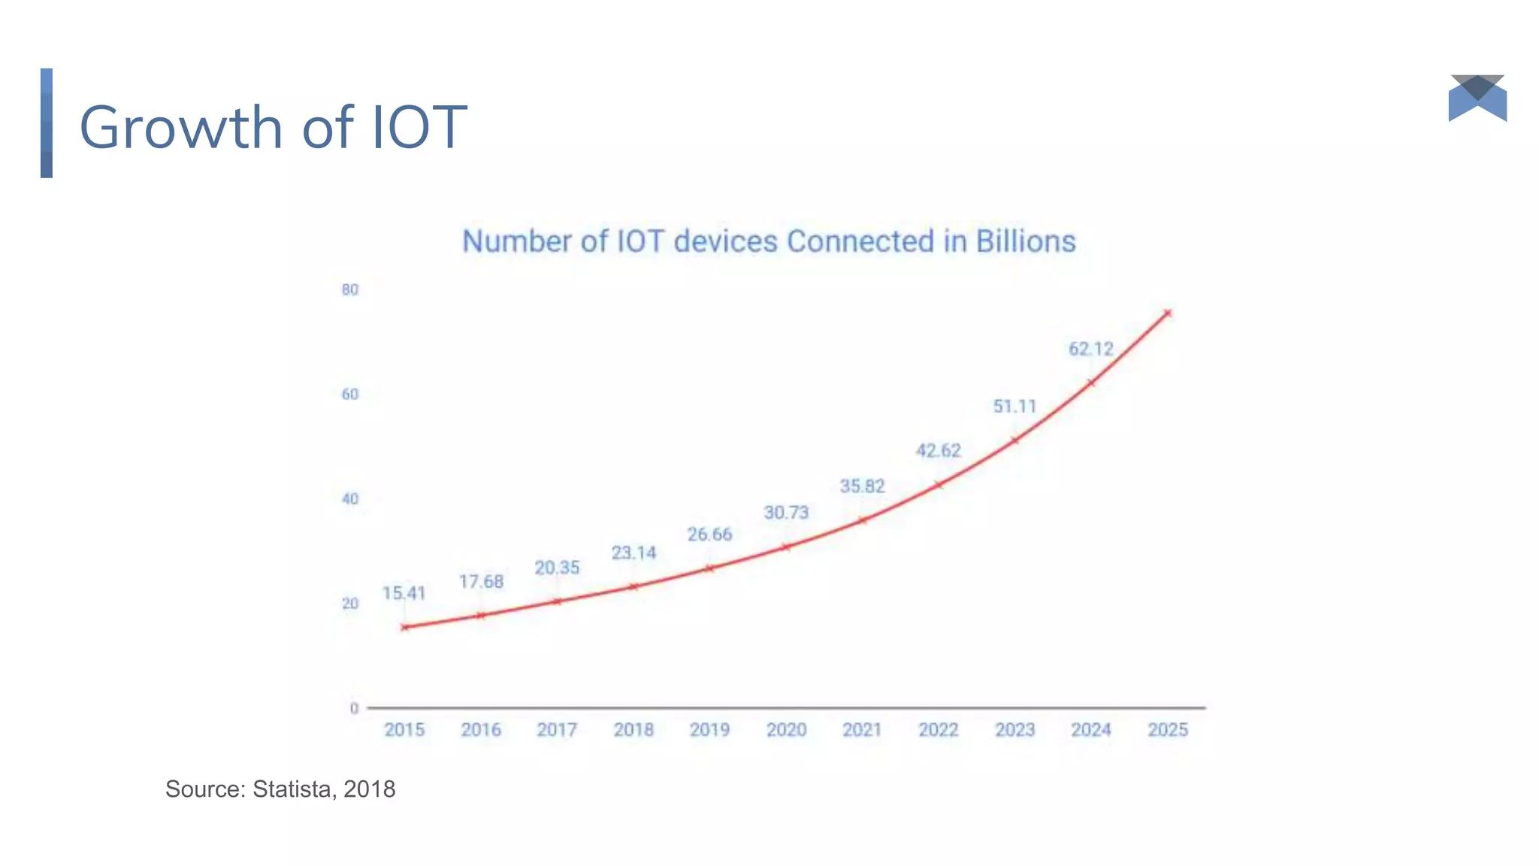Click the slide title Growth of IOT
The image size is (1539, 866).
click(x=273, y=127)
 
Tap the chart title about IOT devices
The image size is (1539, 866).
click(x=769, y=241)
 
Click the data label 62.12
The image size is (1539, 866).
click(x=1090, y=349)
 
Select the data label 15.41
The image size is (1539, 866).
click(x=404, y=593)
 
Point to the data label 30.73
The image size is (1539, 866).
click(x=786, y=513)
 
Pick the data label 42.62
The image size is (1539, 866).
click(x=938, y=450)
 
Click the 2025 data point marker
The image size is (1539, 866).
click(x=1167, y=313)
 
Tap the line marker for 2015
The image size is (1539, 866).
click(x=405, y=627)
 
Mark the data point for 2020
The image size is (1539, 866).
click(x=786, y=547)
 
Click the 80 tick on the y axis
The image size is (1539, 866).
click(x=350, y=290)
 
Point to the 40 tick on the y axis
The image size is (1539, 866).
click(x=350, y=499)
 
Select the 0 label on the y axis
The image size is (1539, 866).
click(x=354, y=708)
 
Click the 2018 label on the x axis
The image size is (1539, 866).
click(x=633, y=730)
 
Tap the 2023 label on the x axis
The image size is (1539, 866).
click(x=1014, y=730)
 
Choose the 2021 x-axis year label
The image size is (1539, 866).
click(x=862, y=730)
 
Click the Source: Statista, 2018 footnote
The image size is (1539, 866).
click(x=280, y=789)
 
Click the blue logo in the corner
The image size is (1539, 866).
click(x=1477, y=98)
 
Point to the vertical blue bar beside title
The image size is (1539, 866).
click(x=47, y=123)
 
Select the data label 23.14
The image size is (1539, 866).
click(x=633, y=553)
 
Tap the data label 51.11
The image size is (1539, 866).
click(x=1014, y=407)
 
